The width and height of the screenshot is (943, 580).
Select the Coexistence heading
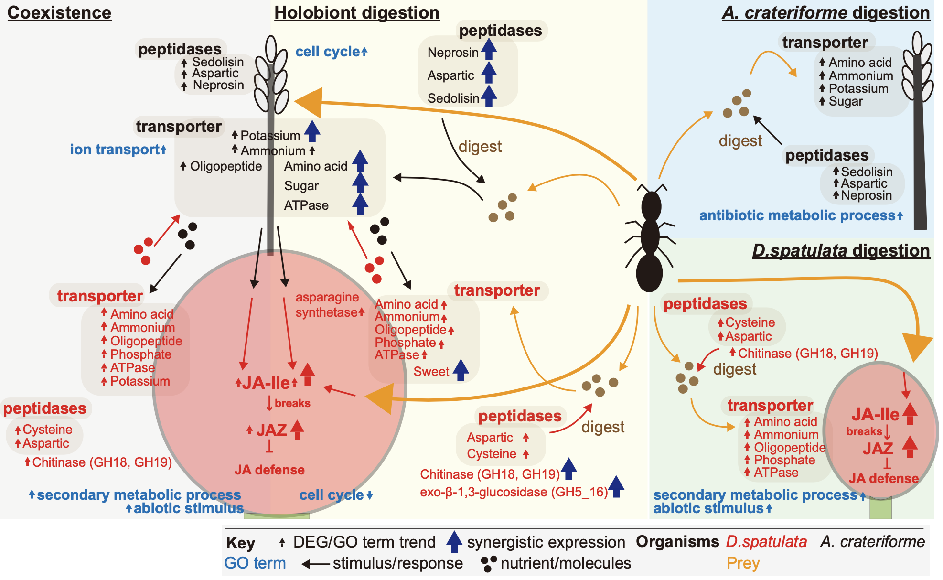coord(59,13)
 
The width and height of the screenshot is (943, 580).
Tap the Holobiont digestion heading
coord(356,13)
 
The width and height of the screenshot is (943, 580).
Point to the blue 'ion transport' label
coord(115,150)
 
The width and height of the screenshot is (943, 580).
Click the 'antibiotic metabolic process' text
coord(797,215)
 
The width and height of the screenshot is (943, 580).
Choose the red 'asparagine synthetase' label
coord(327,305)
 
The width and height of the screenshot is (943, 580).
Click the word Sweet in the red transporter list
coord(431,372)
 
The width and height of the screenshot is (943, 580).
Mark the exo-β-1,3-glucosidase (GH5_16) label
coord(514,492)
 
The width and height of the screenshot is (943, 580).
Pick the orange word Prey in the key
coord(743,563)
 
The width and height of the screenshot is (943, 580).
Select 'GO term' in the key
coord(255,563)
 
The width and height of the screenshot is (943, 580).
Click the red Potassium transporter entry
coord(140,381)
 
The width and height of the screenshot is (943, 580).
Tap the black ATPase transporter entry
coord(306,205)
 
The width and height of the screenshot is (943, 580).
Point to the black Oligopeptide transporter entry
coord(226,166)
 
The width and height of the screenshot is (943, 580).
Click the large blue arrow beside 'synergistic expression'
coord(454,542)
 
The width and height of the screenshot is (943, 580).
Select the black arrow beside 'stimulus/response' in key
coord(316,564)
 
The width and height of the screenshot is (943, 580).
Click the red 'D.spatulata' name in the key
coord(766,542)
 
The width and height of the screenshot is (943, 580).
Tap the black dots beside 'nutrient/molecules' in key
coord(489,564)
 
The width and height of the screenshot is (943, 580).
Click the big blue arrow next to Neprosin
coord(489,49)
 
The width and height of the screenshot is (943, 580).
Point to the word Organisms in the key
coord(677,542)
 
